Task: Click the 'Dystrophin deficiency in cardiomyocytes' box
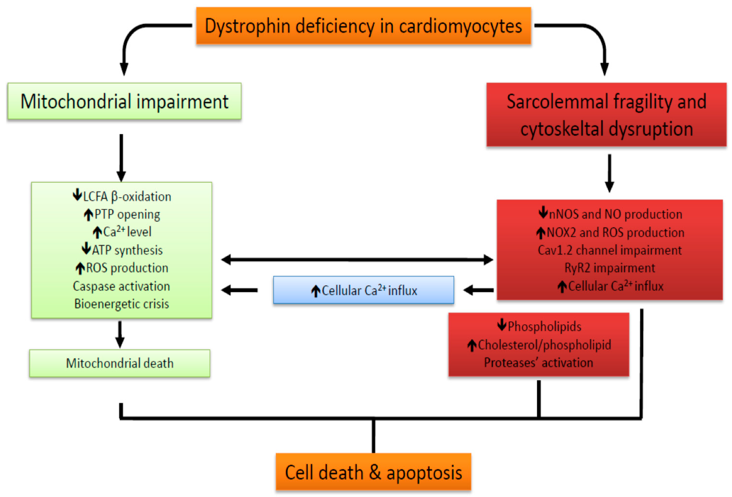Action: (363, 26)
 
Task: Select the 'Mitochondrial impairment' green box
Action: (124, 101)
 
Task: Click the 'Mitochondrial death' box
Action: (120, 363)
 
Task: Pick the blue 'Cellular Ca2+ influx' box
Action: (363, 290)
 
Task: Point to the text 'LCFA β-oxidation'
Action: (127, 197)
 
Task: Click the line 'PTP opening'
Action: (127, 214)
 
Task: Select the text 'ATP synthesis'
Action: (127, 250)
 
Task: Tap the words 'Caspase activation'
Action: (121, 286)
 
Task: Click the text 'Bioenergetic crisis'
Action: (121, 304)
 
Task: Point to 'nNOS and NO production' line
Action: (615, 214)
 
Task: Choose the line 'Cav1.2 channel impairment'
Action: (609, 250)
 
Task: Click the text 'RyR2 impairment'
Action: (609, 268)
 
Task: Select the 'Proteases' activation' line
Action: (538, 363)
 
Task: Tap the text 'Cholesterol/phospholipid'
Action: (544, 345)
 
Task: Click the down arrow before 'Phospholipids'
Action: (502, 325)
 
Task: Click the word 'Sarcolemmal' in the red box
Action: (557, 102)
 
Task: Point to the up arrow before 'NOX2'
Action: (540, 233)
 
